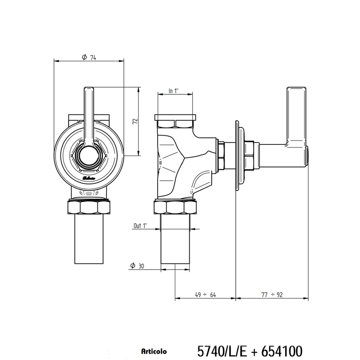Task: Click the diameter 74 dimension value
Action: (x=93, y=58)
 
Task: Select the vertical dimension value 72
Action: (x=135, y=122)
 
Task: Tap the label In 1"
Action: (x=174, y=91)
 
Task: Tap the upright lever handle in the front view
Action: (x=89, y=114)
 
